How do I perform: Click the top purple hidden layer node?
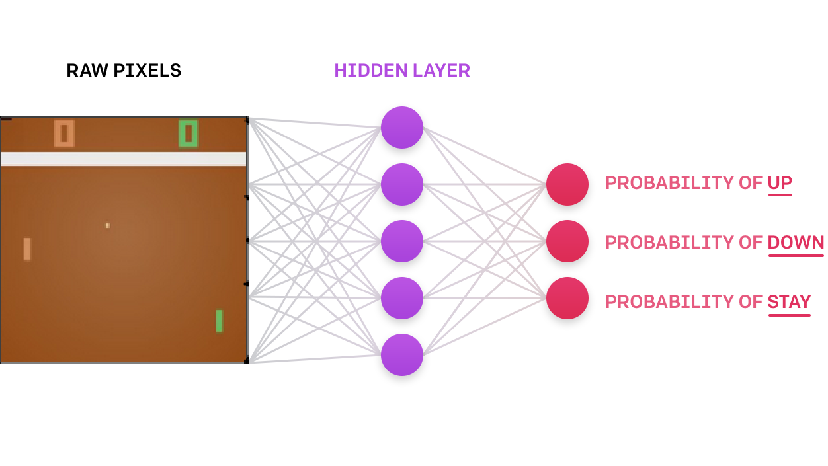[x=401, y=128]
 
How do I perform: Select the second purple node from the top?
[x=401, y=184]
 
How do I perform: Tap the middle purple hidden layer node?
[x=401, y=241]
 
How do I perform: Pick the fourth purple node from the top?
[x=401, y=298]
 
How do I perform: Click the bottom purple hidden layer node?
[x=401, y=355]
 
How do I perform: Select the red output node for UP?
[x=567, y=184]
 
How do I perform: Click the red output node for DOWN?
[x=567, y=241]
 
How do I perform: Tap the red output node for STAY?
[x=567, y=298]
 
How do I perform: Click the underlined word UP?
[x=780, y=183]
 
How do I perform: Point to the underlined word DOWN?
[x=796, y=243]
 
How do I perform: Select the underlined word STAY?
[x=789, y=302]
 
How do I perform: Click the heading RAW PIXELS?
[x=124, y=71]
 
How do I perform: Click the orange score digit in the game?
[x=64, y=134]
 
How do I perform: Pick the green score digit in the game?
[x=188, y=134]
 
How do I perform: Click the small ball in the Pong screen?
[x=108, y=225]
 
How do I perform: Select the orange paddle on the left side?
[x=27, y=249]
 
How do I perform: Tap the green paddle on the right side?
[x=220, y=321]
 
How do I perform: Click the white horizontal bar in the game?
[x=124, y=159]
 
